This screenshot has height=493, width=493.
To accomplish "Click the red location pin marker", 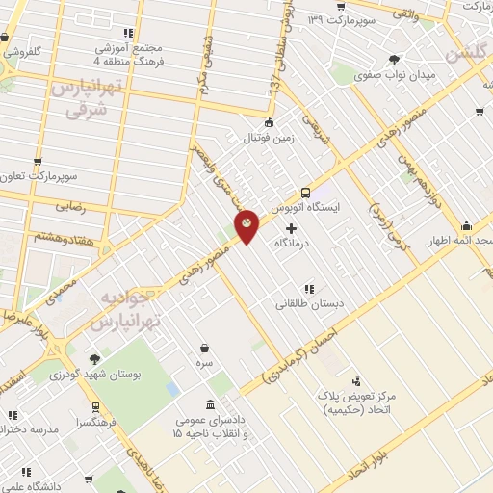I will [x=247, y=224].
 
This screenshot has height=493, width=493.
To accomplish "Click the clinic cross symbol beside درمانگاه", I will [x=292, y=228].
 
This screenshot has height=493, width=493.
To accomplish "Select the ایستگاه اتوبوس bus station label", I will [x=304, y=208].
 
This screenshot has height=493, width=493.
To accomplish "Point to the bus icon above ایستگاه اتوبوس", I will [x=306, y=192].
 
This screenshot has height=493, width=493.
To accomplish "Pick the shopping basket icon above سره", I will [x=204, y=349].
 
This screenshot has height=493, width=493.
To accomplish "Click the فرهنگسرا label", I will [x=99, y=422].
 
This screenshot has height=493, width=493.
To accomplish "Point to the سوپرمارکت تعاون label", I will [x=39, y=177].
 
